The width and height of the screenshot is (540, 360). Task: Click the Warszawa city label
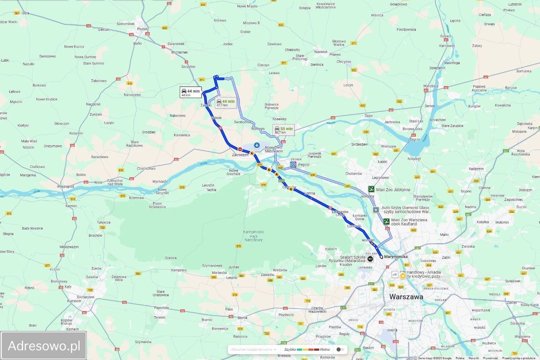point(406,297)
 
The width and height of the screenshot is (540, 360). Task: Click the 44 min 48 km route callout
point(191,92)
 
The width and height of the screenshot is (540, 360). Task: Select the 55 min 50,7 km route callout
point(283,130)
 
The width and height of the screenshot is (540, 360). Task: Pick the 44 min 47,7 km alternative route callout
point(225,103)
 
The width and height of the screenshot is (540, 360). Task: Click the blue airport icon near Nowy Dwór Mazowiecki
point(257,145)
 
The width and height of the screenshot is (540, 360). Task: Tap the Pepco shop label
point(303,164)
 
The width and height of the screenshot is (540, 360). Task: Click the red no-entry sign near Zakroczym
point(240,149)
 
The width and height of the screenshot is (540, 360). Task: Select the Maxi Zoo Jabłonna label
point(394,189)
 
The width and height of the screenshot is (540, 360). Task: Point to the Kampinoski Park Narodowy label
point(253,236)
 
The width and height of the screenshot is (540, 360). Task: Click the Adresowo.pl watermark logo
point(44,346)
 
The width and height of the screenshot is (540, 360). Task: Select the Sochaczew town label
point(86,297)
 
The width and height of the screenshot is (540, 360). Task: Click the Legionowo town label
point(380,178)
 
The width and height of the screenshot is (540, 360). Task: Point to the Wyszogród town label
point(65,186)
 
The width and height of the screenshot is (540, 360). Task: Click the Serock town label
point(430,106)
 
